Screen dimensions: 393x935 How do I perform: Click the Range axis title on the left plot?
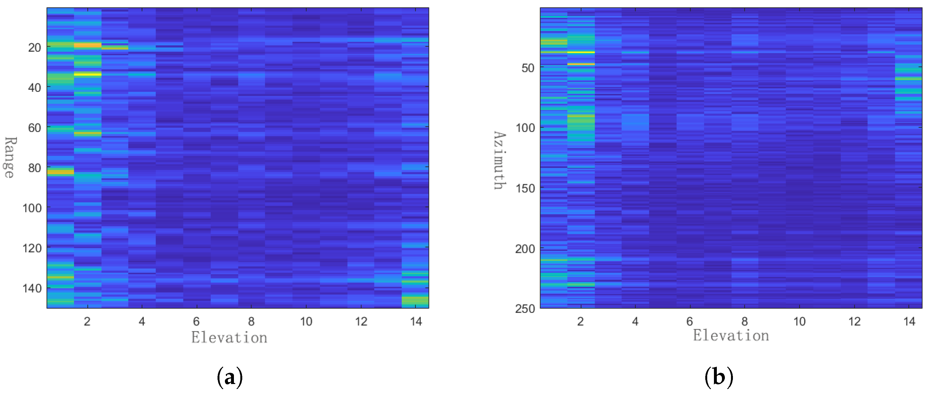(x=9, y=158)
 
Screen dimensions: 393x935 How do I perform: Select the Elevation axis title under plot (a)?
(x=229, y=337)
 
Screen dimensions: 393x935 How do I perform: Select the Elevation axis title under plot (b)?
(x=731, y=335)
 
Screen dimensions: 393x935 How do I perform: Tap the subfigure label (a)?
(x=229, y=377)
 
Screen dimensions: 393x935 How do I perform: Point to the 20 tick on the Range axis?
(x=34, y=47)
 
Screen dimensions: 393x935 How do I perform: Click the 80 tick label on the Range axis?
(x=34, y=168)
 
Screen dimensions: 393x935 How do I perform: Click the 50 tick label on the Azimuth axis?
(x=528, y=68)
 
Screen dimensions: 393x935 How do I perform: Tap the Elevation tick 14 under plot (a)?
(x=416, y=321)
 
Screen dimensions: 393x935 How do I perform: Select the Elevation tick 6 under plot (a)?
(x=196, y=321)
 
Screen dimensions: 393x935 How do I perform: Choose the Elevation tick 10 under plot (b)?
(x=799, y=321)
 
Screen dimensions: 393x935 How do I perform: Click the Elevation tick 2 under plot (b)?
(x=580, y=321)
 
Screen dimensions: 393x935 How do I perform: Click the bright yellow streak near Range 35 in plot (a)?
(x=87, y=74)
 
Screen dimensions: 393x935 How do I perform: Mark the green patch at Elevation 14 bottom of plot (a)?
(x=415, y=301)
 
